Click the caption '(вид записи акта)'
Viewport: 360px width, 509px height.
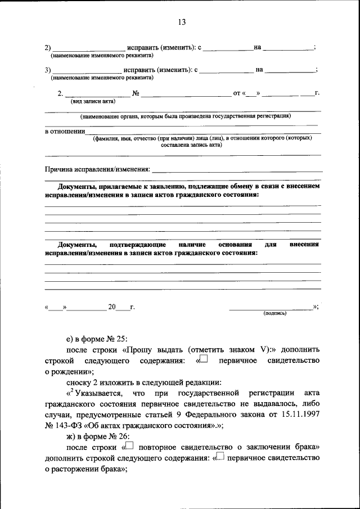click(x=93, y=101)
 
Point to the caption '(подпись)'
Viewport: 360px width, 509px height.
click(x=275, y=313)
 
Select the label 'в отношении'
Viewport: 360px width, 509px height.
click(x=64, y=131)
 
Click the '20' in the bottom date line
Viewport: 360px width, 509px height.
click(x=112, y=307)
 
